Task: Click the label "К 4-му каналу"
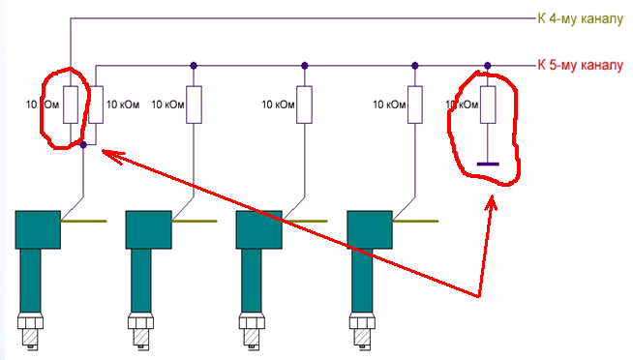pos(580,18)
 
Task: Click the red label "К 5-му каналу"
pos(580,65)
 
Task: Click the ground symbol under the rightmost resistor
pos(488,164)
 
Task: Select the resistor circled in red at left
pos(71,105)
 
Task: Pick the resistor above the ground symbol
pos(488,105)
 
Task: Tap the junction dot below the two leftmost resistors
pos(83,144)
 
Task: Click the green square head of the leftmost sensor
pos(38,229)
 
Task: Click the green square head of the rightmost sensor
pos(370,229)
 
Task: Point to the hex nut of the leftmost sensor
pos(30,322)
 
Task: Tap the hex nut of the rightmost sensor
pos(362,322)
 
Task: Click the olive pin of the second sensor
pos(195,222)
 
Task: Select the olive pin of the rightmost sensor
pos(415,222)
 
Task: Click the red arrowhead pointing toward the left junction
pos(112,156)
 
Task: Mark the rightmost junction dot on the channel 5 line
pos(488,66)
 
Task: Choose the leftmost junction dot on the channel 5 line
pos(194,66)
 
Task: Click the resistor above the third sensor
pos(304,105)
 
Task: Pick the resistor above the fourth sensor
pos(415,105)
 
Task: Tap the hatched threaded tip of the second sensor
pos(141,338)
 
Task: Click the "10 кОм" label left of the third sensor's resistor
pos(278,105)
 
